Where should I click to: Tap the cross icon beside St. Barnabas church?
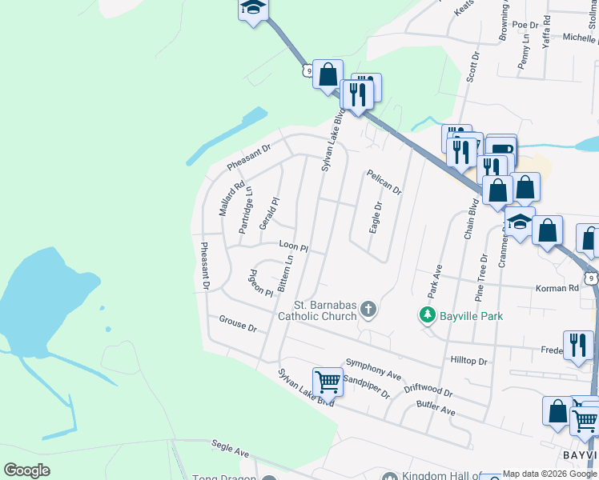368,310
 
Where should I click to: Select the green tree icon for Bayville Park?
428,316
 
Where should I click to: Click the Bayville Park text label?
472,316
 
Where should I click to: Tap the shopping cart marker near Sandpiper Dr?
328,382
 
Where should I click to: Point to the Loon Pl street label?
293,246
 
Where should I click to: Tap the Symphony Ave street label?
373,369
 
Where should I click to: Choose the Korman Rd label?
561,287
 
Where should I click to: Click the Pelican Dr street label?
384,182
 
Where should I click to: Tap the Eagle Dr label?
374,217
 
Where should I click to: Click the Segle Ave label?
230,448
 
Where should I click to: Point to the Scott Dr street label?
472,67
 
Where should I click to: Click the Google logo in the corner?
26,470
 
